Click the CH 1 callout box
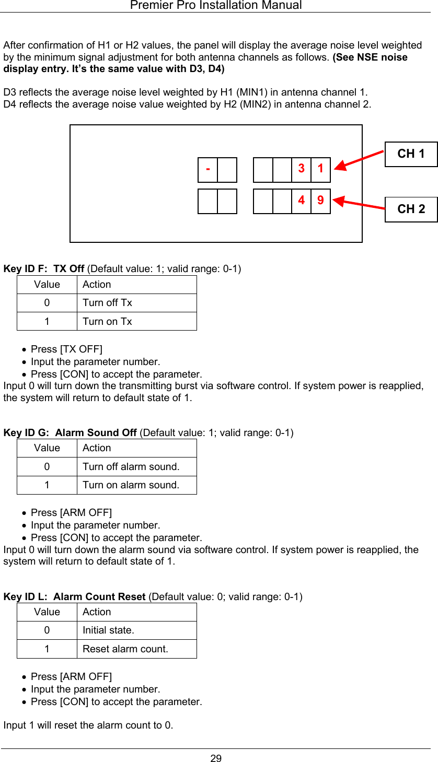tap(411, 154)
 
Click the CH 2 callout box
tap(411, 209)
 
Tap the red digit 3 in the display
tap(302, 169)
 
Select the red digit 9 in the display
tap(320, 201)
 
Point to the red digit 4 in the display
tap(302, 201)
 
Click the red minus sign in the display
tap(208, 169)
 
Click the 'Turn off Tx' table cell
tap(107, 303)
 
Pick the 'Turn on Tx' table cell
tap(107, 321)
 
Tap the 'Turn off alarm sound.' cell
tap(131, 466)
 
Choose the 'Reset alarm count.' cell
tap(125, 649)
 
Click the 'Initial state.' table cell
tap(108, 630)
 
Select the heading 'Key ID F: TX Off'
tap(44, 269)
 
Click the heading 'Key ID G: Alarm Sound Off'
tap(70, 432)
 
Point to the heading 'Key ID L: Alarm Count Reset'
tap(74, 596)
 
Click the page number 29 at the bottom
tap(216, 758)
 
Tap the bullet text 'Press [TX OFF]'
tap(66, 349)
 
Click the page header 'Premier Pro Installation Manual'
tap(216, 5)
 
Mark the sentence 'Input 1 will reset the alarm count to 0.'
tap(88, 725)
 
